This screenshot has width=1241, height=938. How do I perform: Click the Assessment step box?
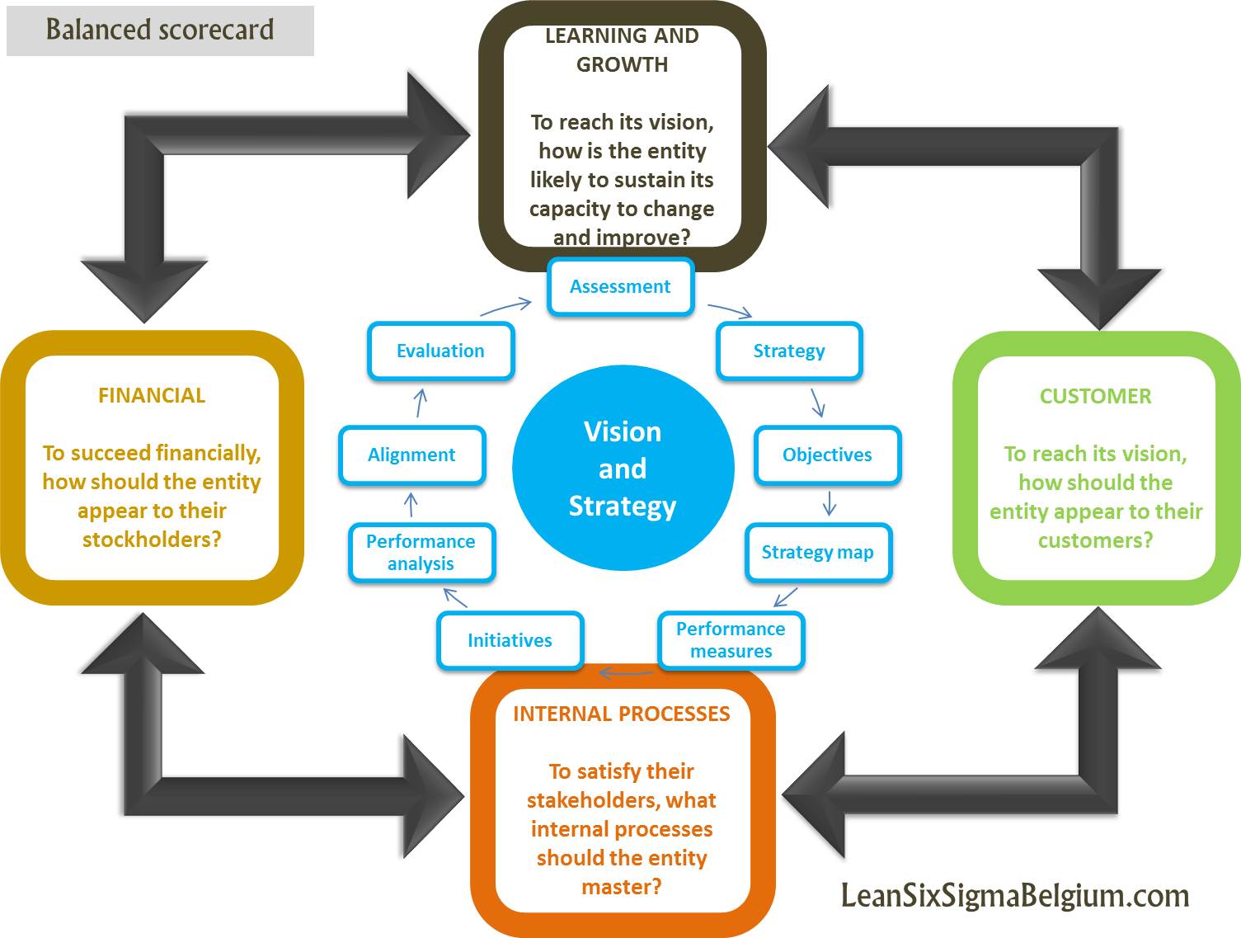620,287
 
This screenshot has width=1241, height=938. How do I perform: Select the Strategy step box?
789,351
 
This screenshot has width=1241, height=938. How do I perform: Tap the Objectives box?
827,455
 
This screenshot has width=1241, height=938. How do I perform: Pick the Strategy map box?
817,553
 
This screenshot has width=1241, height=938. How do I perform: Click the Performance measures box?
731,640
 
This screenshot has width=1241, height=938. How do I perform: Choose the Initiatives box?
510,641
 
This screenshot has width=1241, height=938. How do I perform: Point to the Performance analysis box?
421,553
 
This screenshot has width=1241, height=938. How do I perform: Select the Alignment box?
411,455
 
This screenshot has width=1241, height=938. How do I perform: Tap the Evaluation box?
440,351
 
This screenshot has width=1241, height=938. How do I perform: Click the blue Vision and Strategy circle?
623,469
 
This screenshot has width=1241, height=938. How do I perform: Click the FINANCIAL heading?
152,396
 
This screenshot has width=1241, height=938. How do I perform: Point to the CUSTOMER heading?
1095,397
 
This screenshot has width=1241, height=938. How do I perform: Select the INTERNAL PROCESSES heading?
622,714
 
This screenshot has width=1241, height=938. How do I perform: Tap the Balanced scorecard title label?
160,31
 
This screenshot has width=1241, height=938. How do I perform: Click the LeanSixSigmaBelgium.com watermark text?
1015,896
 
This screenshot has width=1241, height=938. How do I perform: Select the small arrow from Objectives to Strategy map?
830,503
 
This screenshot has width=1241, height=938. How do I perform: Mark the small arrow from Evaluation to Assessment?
505,308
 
